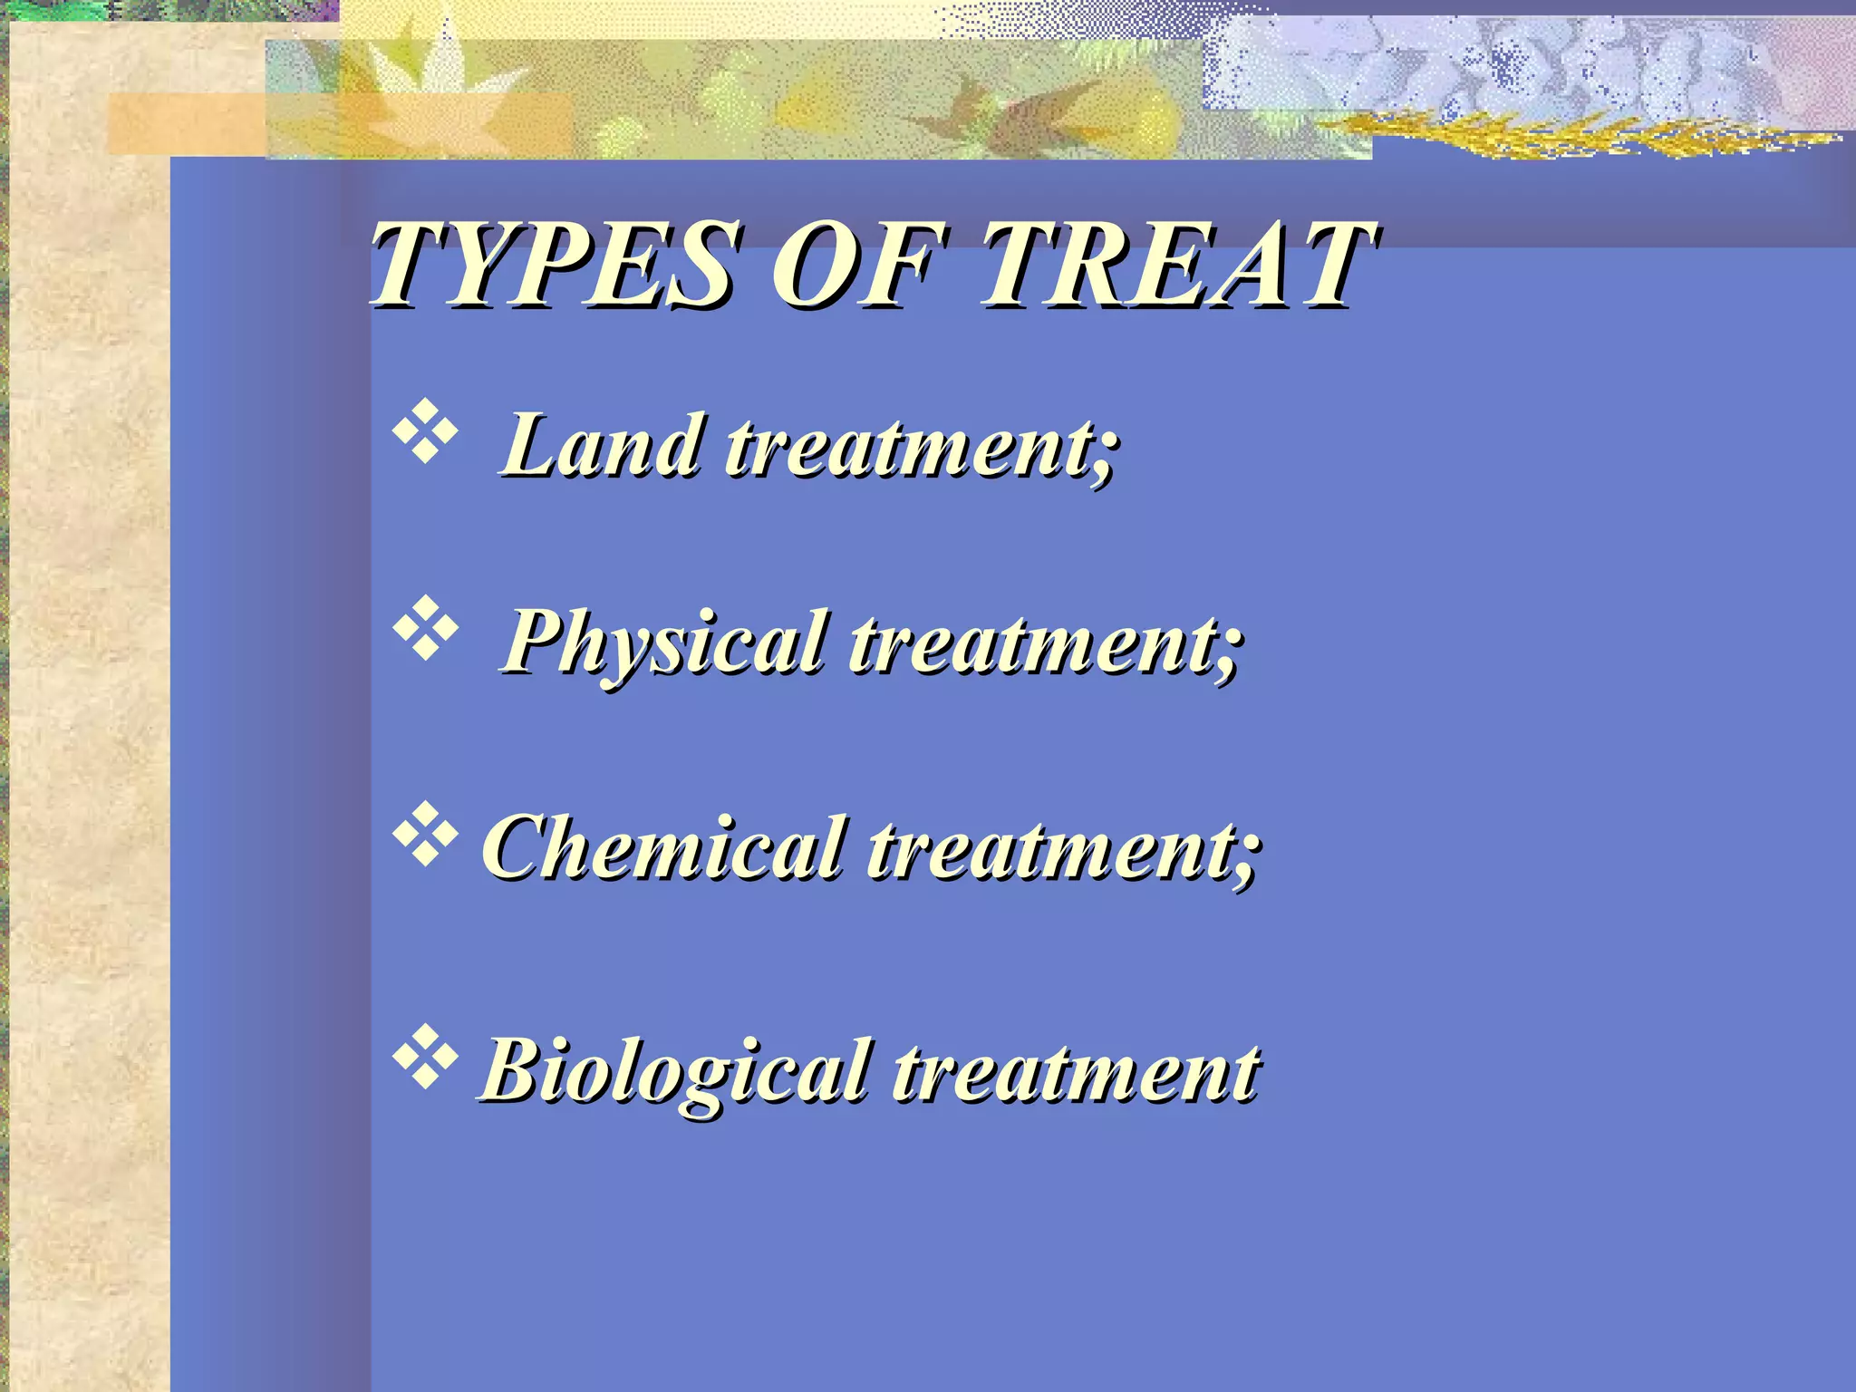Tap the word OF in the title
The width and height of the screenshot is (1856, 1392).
(856, 266)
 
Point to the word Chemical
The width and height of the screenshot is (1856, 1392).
(665, 846)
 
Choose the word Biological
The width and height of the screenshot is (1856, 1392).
(676, 1070)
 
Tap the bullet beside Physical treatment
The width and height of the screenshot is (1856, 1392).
(424, 627)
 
